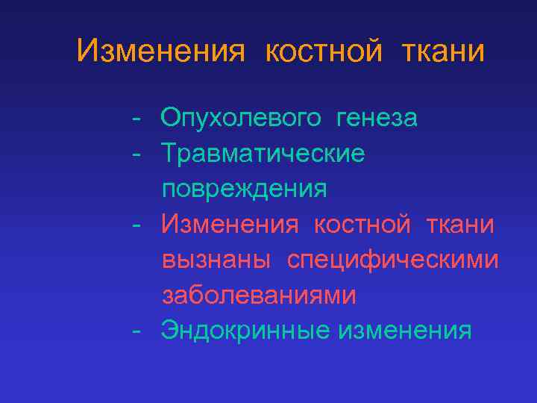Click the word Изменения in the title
click(x=160, y=51)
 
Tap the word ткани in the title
click(x=443, y=51)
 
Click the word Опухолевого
click(x=242, y=118)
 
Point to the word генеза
click(x=377, y=118)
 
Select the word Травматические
click(x=263, y=154)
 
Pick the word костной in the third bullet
click(x=362, y=223)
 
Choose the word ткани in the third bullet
click(x=459, y=223)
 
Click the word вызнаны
click(x=219, y=259)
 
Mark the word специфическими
click(x=393, y=260)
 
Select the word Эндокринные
click(x=245, y=331)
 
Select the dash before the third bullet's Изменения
click(x=135, y=224)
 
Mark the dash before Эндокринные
click(x=135, y=331)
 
